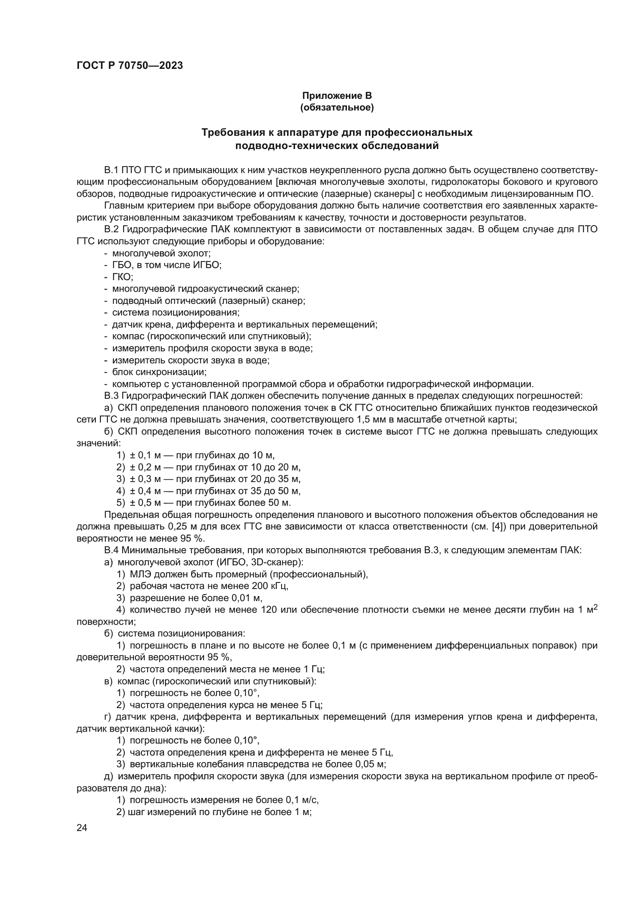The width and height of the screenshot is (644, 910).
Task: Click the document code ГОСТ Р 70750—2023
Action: tap(130, 66)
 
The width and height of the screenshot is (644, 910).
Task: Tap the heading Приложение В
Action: tap(337, 96)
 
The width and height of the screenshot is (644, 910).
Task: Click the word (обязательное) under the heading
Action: tap(337, 108)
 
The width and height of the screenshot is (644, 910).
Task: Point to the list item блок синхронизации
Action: tap(159, 372)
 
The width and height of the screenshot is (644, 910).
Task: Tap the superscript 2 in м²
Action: tap(595, 607)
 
